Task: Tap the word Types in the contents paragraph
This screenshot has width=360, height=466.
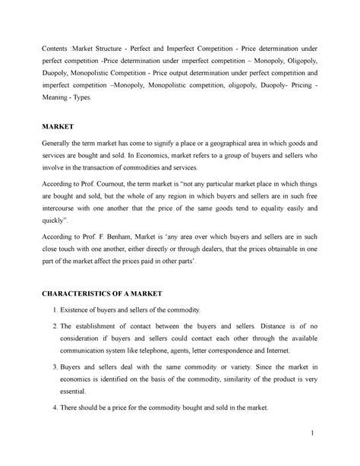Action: click(x=98, y=100)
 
